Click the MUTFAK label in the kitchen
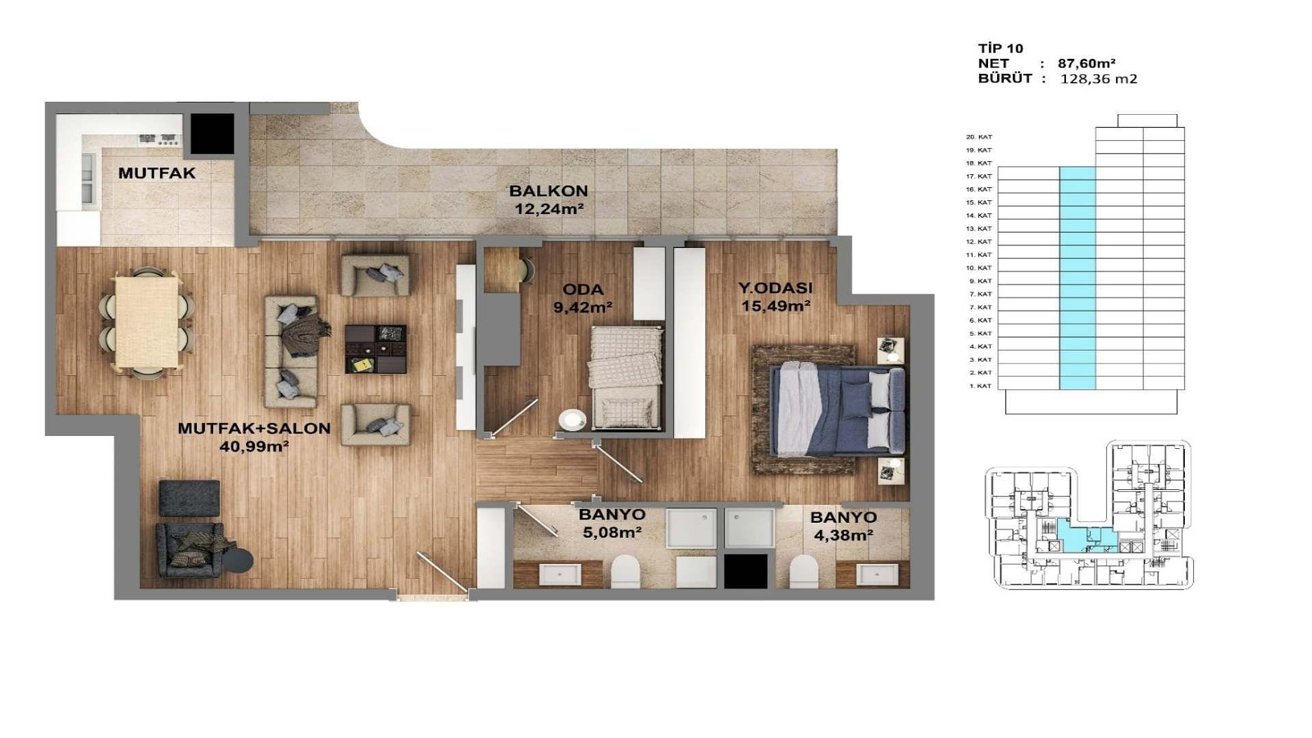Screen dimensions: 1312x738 coord(156,173)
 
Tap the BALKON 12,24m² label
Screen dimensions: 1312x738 coord(549,200)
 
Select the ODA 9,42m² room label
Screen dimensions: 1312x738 coord(583,298)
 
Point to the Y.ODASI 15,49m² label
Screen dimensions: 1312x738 coord(776,297)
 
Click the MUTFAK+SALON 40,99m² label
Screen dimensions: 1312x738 coord(254,437)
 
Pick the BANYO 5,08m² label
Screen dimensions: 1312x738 coord(612,523)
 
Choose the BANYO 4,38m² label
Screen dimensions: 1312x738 coord(843,526)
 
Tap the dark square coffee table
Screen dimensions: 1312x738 coord(375,348)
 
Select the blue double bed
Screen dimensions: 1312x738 coord(838,411)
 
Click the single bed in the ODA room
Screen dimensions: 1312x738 coord(627,377)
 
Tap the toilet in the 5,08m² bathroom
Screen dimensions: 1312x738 coord(625,571)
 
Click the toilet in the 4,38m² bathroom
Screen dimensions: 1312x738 coord(804,571)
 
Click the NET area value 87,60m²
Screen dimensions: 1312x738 coord(1086,64)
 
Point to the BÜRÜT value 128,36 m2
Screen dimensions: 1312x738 coord(1099,79)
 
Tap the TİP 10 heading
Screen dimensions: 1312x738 coord(1000,49)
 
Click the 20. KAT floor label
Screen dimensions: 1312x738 coord(979,137)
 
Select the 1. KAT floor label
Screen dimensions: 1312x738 coord(980,386)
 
